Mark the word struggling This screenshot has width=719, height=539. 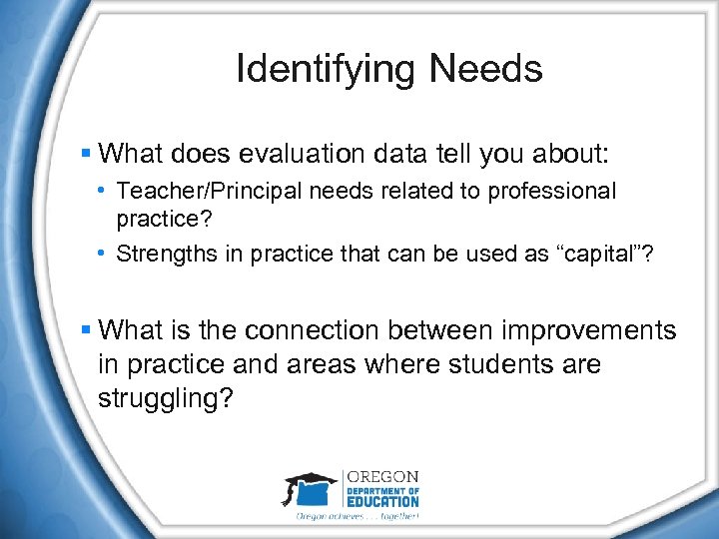coord(166,399)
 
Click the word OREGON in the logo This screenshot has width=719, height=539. coord(382,477)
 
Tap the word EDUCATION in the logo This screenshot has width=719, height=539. coord(382,501)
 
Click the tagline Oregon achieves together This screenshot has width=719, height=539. coord(357,517)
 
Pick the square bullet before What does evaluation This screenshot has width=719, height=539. coord(87,154)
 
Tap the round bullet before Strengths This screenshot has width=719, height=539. coord(105,253)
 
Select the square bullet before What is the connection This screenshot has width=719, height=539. coord(87,329)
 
